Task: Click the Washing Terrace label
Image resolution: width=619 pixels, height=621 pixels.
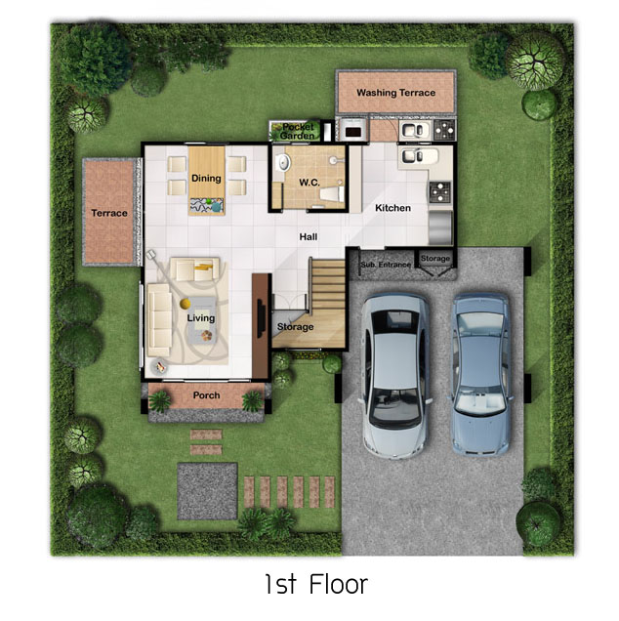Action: click(395, 93)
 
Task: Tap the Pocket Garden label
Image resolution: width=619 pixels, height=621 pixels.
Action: click(297, 131)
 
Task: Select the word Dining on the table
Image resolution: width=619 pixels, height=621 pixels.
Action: click(206, 179)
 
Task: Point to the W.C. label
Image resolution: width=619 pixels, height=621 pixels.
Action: click(309, 183)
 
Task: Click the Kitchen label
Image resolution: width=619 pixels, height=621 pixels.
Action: click(392, 208)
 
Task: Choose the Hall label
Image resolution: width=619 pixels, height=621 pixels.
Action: click(309, 237)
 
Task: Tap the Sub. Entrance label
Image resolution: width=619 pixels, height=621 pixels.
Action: click(386, 265)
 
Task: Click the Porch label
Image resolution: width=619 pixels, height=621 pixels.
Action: click(206, 395)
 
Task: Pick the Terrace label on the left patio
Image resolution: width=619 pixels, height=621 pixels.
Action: click(109, 213)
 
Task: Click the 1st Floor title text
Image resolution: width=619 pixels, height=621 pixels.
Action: click(316, 584)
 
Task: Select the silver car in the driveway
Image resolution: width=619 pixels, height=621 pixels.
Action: click(395, 376)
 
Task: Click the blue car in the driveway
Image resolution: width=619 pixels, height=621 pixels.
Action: click(480, 374)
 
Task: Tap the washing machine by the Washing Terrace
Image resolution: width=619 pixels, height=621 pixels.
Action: click(352, 129)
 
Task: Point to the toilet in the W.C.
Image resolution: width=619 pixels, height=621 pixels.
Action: click(332, 194)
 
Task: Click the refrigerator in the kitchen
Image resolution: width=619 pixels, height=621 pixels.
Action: click(440, 228)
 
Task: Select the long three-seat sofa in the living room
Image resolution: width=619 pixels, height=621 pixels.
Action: click(159, 319)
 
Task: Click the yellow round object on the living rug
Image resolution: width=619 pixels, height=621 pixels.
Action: click(185, 304)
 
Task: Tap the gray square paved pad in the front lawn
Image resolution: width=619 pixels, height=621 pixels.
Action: click(207, 491)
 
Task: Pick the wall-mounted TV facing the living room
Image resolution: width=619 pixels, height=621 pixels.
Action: click(261, 319)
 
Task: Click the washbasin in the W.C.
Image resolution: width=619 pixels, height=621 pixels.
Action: click(282, 162)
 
